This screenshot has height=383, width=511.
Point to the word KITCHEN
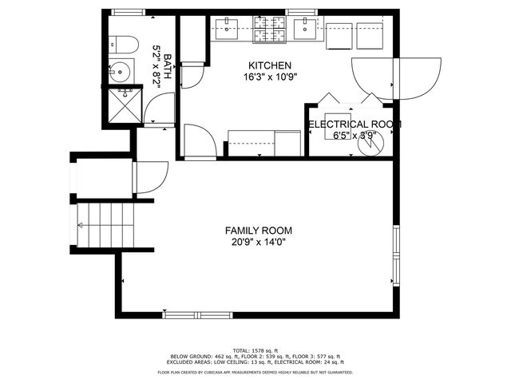[270, 65]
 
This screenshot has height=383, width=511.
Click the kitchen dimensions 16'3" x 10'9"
[270, 78]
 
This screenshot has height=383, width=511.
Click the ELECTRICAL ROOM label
[355, 124]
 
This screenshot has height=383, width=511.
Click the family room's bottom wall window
[192, 314]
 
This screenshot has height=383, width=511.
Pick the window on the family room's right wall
[395, 254]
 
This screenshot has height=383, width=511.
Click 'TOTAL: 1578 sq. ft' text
[255, 350]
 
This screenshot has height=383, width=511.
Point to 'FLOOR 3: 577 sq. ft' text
[319, 357]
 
